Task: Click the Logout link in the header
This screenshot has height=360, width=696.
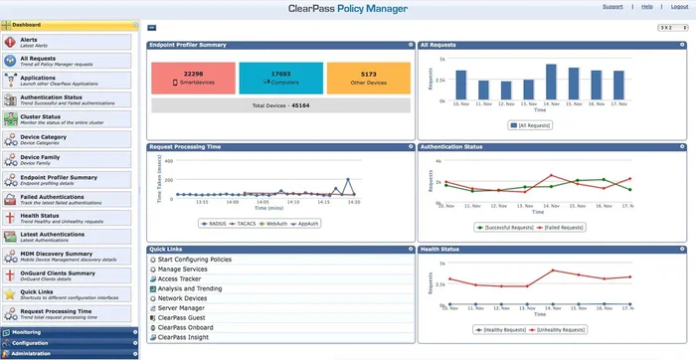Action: tap(680, 6)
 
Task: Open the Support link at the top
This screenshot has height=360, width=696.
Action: tap(612, 6)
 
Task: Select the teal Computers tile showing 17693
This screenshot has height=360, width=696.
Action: tap(280, 77)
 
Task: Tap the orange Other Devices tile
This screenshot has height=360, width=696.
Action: tap(368, 77)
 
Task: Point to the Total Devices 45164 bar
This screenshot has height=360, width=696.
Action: tap(280, 104)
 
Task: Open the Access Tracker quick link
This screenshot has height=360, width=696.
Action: tap(180, 279)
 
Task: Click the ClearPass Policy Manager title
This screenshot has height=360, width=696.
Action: tap(347, 8)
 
